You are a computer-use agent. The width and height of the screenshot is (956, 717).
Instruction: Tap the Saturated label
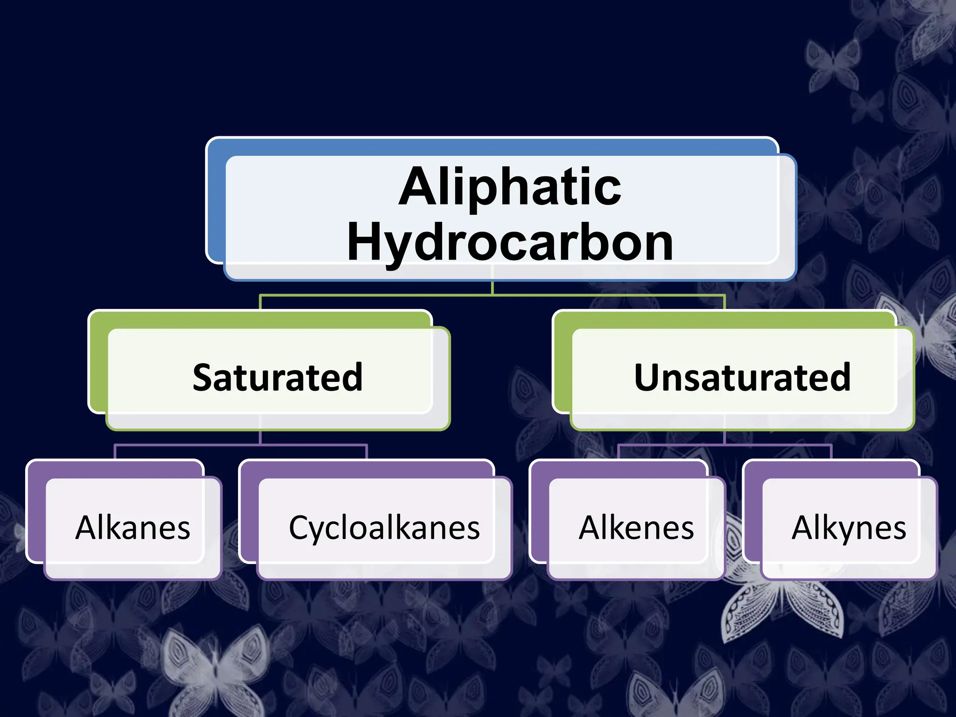(278, 377)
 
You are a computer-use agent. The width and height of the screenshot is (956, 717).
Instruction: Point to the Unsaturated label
(742, 377)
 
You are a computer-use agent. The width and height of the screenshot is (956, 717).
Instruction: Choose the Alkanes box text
(133, 528)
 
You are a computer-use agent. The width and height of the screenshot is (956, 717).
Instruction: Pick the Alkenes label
(636, 528)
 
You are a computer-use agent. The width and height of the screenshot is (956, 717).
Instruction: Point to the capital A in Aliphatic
(416, 187)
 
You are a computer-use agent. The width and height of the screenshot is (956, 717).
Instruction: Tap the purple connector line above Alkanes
(115, 452)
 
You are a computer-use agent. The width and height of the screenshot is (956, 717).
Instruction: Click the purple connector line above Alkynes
(831, 452)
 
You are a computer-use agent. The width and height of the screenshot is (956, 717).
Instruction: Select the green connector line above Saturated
(260, 302)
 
